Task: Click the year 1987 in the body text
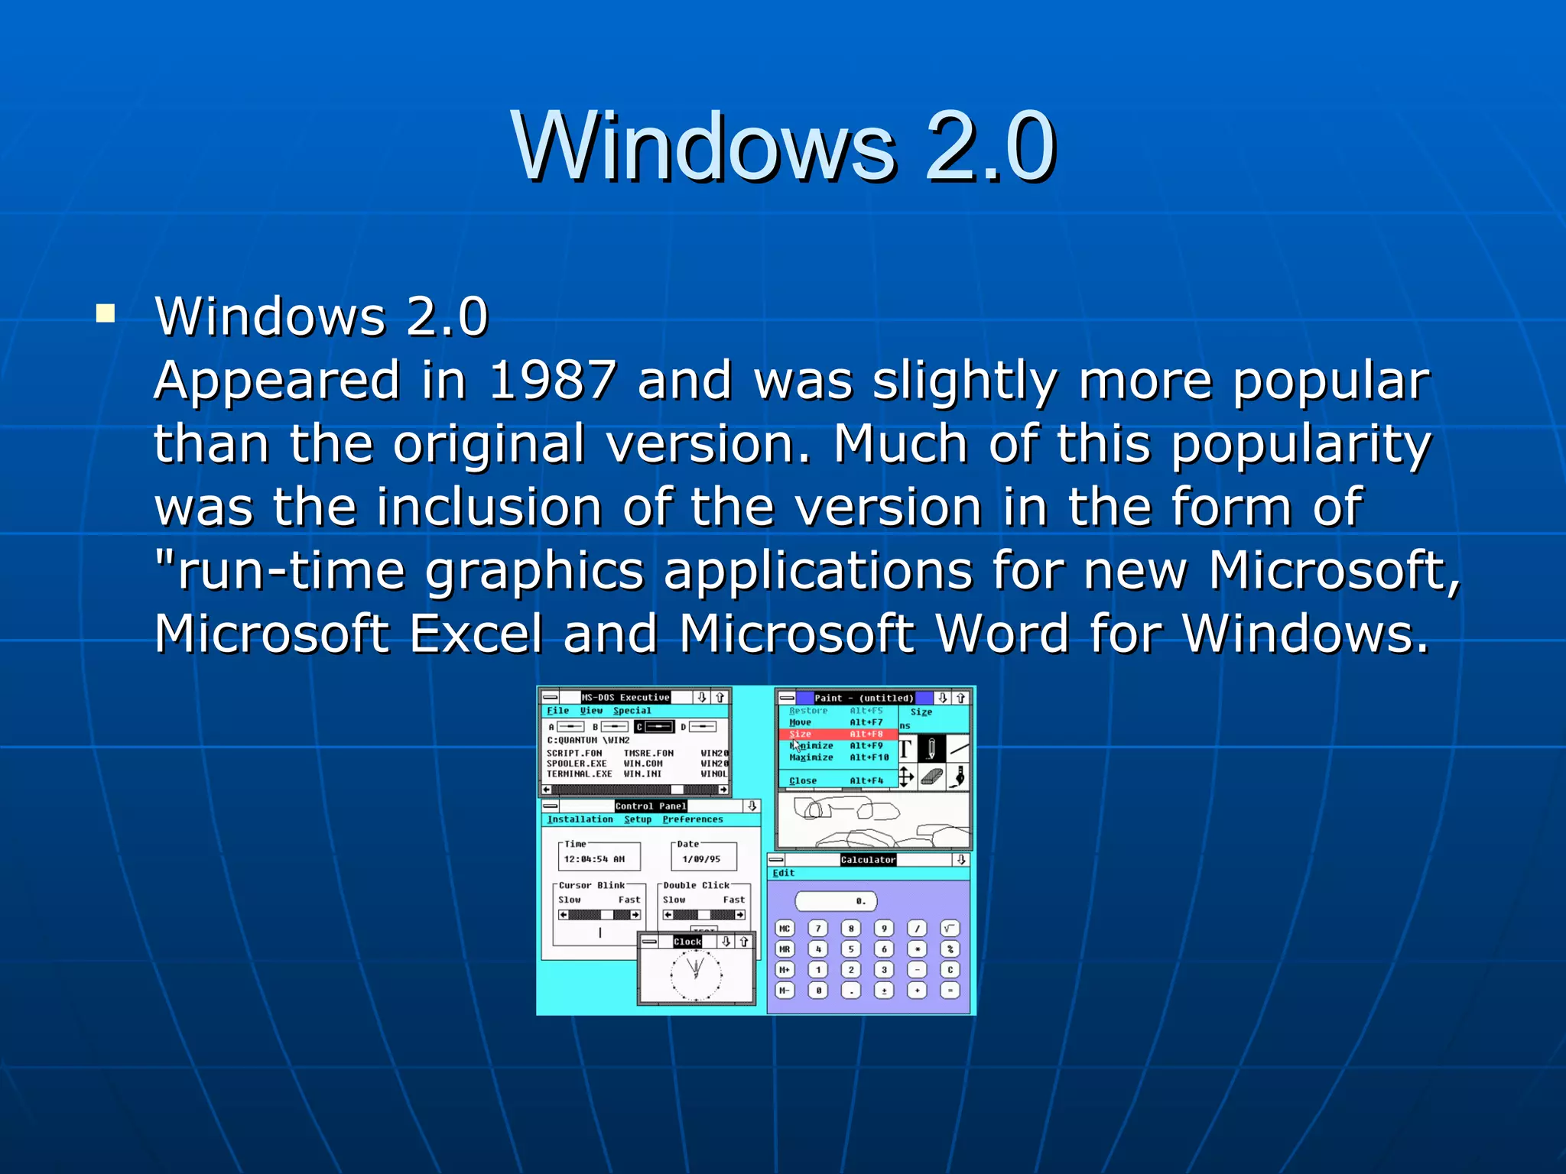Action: click(552, 380)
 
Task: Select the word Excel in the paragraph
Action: click(476, 634)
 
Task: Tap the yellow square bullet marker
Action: click(106, 313)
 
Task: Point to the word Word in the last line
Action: click(1002, 634)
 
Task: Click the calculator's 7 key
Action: click(818, 929)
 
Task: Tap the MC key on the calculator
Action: click(785, 929)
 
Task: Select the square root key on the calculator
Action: click(950, 929)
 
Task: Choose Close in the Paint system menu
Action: click(803, 780)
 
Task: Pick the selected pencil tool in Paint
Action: click(931, 748)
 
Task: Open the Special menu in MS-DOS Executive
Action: click(632, 711)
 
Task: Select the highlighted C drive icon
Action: click(655, 726)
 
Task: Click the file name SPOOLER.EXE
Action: click(577, 764)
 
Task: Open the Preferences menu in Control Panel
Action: click(693, 819)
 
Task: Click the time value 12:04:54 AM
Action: click(594, 859)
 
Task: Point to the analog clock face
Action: click(696, 974)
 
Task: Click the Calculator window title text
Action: click(868, 860)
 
